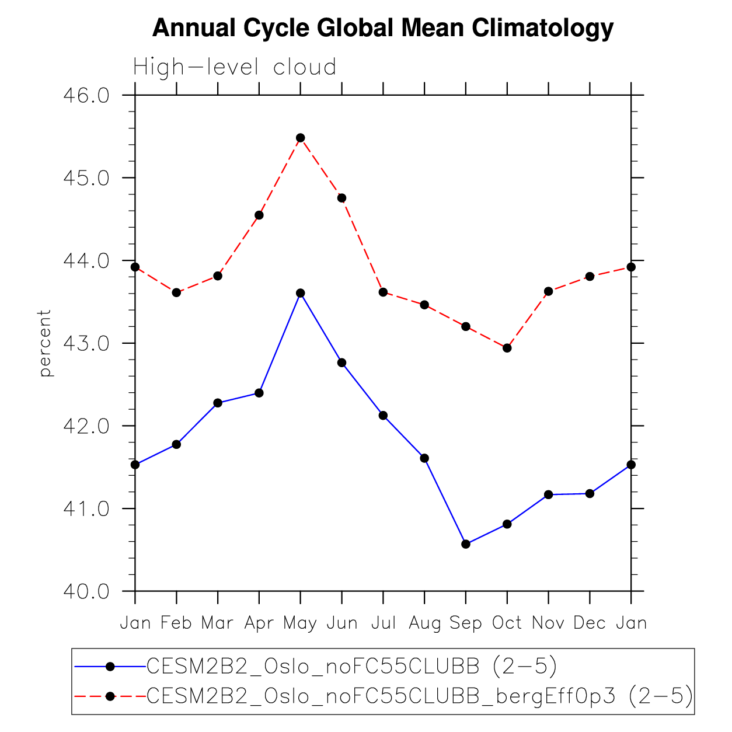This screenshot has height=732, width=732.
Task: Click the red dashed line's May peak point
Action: [x=301, y=138]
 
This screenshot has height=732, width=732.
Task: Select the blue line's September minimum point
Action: [x=466, y=544]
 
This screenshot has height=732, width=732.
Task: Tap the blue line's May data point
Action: [x=301, y=293]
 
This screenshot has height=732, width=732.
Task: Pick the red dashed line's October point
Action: [x=507, y=348]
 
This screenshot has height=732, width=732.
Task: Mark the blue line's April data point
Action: [x=259, y=393]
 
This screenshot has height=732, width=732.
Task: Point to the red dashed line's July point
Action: [x=383, y=292]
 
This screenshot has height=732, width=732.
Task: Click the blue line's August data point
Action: [x=424, y=458]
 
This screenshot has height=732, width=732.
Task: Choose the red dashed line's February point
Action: [x=176, y=292]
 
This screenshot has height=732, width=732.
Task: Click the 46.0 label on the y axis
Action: [x=86, y=95]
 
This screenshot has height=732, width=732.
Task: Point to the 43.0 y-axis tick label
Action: [x=86, y=343]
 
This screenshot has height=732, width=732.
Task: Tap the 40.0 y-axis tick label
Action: [x=86, y=591]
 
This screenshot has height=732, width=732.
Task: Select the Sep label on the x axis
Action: [x=466, y=623]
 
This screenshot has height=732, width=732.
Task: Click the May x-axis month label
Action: [x=300, y=623]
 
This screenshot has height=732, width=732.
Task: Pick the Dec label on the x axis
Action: [x=590, y=623]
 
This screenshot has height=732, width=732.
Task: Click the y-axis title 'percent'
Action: [x=45, y=343]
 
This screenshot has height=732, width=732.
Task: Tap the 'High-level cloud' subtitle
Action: [x=235, y=67]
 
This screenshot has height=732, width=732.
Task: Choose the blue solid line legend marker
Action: [x=109, y=666]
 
